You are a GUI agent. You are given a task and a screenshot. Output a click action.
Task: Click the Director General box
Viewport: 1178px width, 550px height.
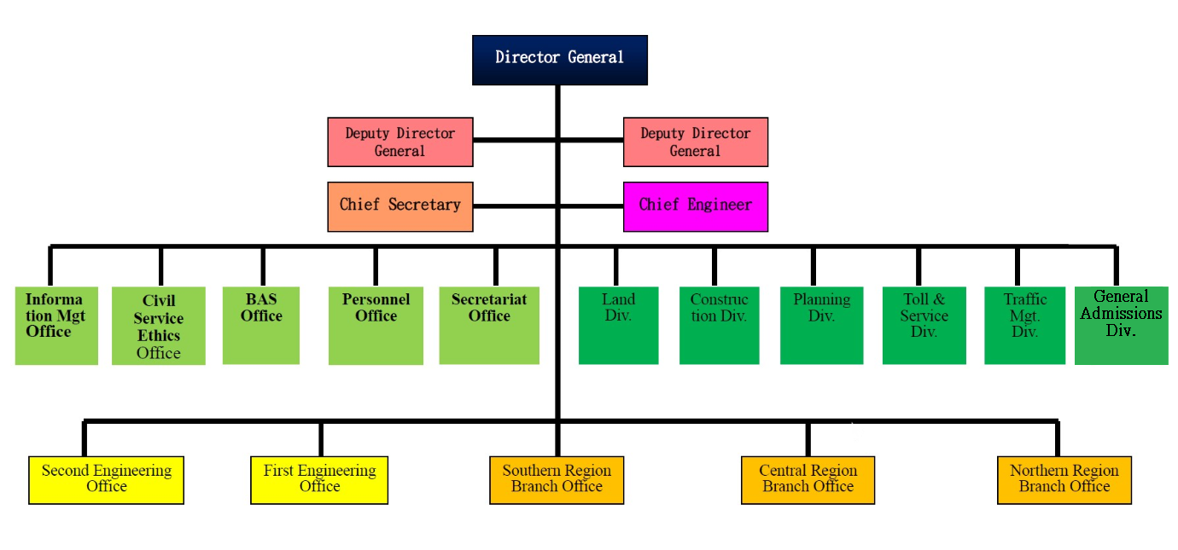[x=559, y=60]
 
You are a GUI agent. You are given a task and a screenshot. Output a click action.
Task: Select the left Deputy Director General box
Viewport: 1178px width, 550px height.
[x=399, y=142]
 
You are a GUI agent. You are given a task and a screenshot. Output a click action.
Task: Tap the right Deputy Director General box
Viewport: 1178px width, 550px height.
[x=695, y=142]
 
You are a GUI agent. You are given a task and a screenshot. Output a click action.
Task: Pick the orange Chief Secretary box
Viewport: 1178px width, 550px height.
[x=399, y=206]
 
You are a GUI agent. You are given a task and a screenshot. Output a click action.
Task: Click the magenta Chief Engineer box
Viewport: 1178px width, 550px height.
[x=695, y=206]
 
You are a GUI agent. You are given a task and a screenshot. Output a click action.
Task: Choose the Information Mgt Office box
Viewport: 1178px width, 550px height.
[x=56, y=326]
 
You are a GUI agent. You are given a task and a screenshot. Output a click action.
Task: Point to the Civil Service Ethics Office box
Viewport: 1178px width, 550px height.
[x=158, y=326]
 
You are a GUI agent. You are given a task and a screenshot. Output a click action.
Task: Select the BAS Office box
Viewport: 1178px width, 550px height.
[x=260, y=326]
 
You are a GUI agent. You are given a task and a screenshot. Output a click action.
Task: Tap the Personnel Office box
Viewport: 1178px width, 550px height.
[x=376, y=326]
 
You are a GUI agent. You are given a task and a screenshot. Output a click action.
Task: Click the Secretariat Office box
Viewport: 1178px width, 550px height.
[x=489, y=326]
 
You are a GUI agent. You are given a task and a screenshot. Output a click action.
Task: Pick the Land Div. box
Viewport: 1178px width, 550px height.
[x=618, y=326]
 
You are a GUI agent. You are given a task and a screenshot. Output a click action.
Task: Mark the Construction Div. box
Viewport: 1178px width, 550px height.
[x=719, y=326]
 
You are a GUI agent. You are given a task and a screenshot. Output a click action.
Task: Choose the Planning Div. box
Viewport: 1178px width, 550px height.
[x=821, y=326]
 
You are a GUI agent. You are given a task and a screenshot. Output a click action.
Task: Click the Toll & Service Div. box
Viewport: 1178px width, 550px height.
[x=924, y=326]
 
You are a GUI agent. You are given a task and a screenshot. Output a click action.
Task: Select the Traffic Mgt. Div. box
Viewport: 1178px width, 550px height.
[x=1024, y=326]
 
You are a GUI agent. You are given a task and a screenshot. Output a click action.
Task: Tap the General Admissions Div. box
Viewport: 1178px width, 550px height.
[x=1121, y=326]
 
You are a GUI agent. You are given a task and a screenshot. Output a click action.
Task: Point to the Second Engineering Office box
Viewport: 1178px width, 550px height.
[x=107, y=479]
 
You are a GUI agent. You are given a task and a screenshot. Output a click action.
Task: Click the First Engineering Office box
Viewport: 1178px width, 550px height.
[x=319, y=479]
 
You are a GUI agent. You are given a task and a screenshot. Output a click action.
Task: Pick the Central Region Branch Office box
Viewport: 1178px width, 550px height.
[x=808, y=479]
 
